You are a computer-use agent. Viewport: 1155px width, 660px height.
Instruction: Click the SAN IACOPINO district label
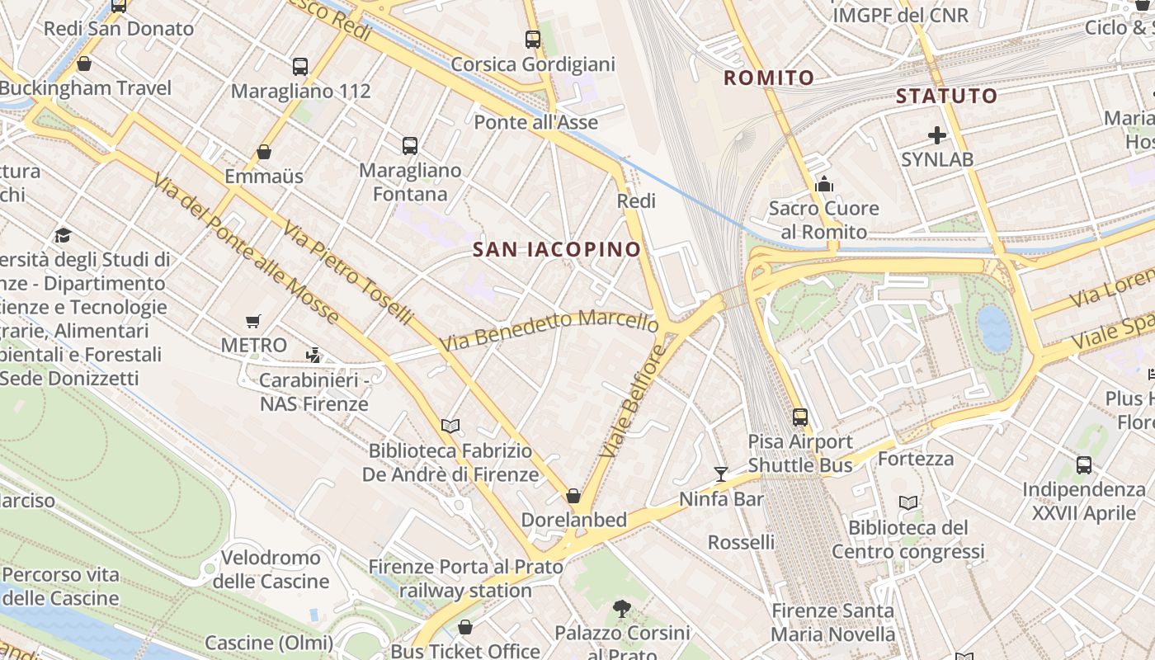pyautogui.click(x=557, y=249)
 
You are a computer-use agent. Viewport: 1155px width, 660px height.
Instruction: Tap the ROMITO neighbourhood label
pyautogui.click(x=769, y=78)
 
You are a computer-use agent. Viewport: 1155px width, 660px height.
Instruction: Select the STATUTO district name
pyautogui.click(x=946, y=96)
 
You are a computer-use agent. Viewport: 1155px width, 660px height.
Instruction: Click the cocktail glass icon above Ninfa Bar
pyautogui.click(x=721, y=474)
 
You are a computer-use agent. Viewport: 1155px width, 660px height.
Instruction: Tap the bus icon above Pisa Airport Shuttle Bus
pyautogui.click(x=799, y=417)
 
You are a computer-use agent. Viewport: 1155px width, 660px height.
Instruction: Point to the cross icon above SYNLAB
pyautogui.click(x=936, y=134)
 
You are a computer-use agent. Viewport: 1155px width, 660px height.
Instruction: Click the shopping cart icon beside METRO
pyautogui.click(x=253, y=321)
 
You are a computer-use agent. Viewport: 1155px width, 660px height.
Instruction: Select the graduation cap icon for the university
pyautogui.click(x=63, y=236)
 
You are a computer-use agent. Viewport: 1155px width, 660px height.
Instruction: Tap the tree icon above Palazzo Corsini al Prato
pyautogui.click(x=622, y=609)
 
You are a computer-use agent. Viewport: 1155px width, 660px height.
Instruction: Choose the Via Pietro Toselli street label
pyautogui.click(x=347, y=271)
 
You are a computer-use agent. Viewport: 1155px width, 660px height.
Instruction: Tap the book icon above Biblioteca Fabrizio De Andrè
pyautogui.click(x=450, y=426)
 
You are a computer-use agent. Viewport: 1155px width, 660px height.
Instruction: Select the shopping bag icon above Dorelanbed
pyautogui.click(x=573, y=496)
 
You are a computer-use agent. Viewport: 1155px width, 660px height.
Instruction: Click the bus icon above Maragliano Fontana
pyautogui.click(x=410, y=146)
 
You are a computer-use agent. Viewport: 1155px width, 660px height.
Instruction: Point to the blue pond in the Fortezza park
pyautogui.click(x=993, y=328)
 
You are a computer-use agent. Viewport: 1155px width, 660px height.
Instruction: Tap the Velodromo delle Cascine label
pyautogui.click(x=271, y=569)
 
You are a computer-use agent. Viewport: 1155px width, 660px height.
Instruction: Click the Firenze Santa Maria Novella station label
pyautogui.click(x=832, y=622)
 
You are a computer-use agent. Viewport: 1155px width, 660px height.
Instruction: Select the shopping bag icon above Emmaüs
pyautogui.click(x=264, y=152)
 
